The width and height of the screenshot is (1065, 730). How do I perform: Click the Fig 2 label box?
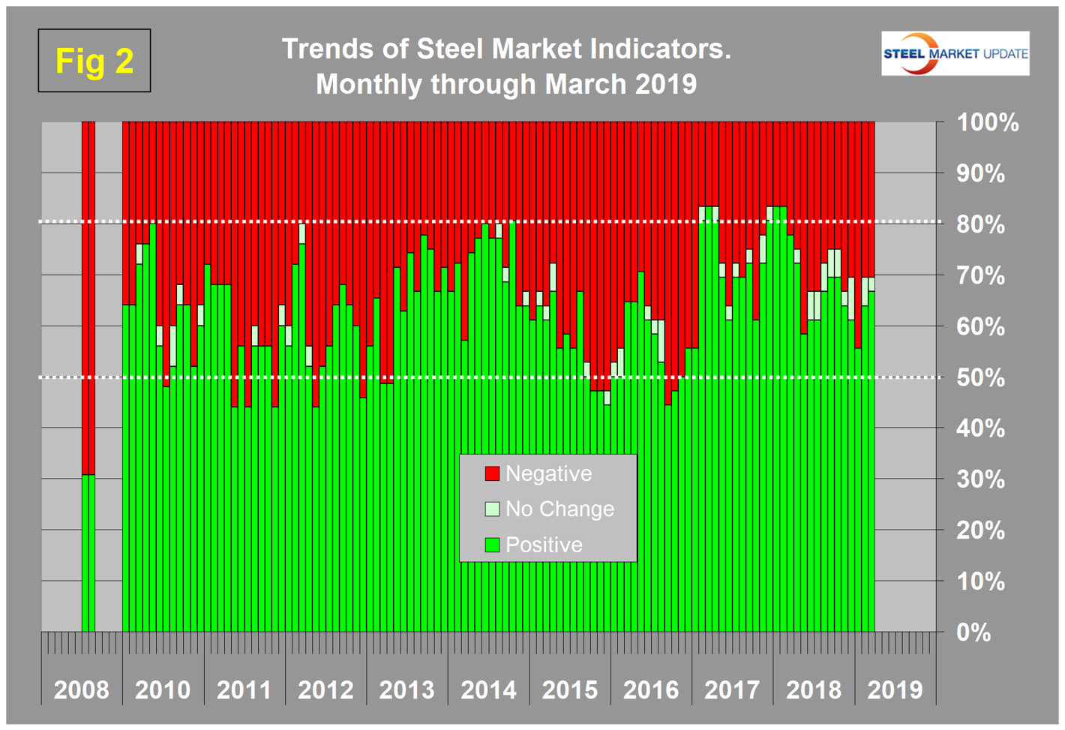pos(94,61)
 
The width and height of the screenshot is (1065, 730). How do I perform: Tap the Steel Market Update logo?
pos(955,53)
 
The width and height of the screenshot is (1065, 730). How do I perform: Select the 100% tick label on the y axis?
pos(987,122)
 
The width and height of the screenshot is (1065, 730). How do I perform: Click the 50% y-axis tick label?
pos(980,377)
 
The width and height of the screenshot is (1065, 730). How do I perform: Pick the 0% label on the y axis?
pos(973,632)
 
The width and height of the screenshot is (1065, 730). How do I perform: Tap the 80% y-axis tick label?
pos(980,224)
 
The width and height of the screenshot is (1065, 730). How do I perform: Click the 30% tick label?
pos(980,479)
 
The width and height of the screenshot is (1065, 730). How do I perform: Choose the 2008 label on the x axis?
pos(81,689)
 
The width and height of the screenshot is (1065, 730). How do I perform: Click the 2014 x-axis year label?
pos(488,689)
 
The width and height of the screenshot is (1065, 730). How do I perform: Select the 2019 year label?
pos(895,689)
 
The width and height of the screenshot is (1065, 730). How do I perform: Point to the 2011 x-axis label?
pos(244,689)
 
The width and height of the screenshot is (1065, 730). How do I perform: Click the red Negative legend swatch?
pos(492,473)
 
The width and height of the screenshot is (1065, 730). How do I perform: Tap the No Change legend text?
pos(559,509)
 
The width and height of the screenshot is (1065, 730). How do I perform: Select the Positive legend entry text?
pos(544,545)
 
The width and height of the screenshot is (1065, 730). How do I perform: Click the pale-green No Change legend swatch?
pos(492,509)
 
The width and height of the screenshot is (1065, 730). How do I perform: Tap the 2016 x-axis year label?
pos(651,689)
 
